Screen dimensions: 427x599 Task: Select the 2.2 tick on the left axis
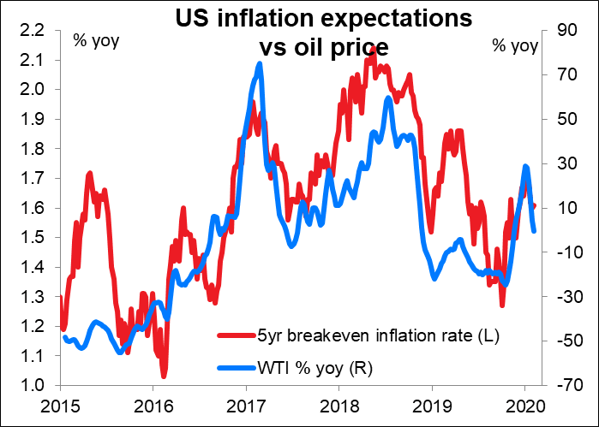tap(35, 31)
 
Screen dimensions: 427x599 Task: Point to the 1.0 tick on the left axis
tap(35, 385)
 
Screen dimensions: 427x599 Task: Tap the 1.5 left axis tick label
tap(35, 237)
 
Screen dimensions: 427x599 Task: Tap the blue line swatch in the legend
tap(236, 369)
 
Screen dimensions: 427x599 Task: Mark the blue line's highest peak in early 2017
tap(259, 65)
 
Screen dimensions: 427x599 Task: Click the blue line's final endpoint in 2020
tap(534, 230)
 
